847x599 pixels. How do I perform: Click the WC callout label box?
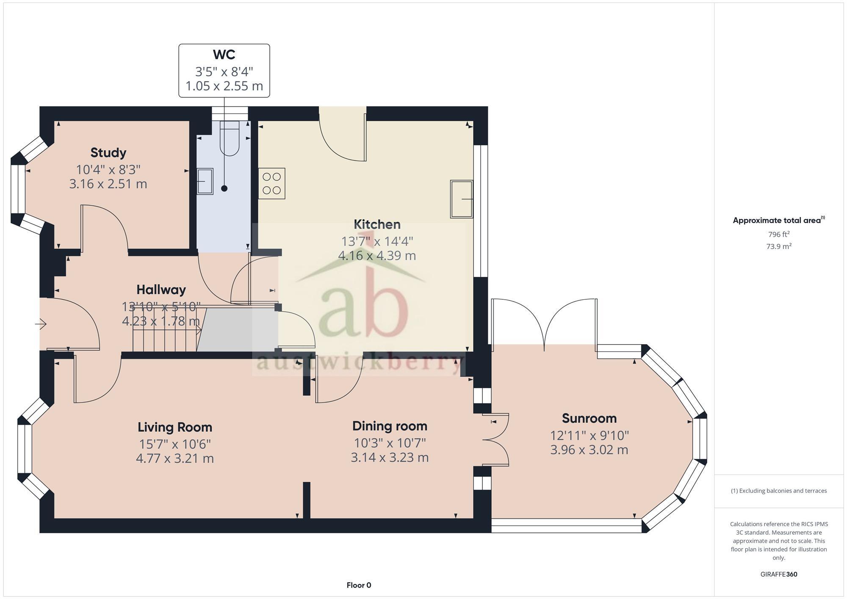[224, 71]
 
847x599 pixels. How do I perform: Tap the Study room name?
[108, 152]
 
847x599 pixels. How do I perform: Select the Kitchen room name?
[377, 224]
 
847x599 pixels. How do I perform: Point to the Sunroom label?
[589, 418]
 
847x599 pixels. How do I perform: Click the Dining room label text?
[390, 426]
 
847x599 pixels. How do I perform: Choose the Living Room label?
[174, 427]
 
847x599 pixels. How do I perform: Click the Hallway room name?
[161, 290]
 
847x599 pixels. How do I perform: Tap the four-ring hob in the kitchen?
[272, 183]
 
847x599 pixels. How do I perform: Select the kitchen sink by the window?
[462, 199]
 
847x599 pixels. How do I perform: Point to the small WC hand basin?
[205, 181]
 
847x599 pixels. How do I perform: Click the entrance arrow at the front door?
[41, 324]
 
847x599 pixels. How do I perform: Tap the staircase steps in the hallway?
[165, 334]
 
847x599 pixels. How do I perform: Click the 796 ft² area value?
[778, 234]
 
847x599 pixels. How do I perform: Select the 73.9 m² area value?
[778, 246]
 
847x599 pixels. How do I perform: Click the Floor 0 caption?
[359, 585]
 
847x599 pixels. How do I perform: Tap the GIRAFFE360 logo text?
[778, 574]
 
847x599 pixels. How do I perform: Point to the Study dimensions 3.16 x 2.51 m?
[108, 184]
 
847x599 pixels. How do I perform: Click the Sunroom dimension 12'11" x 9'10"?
[589, 435]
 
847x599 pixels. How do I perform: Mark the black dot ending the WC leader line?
[224, 188]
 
